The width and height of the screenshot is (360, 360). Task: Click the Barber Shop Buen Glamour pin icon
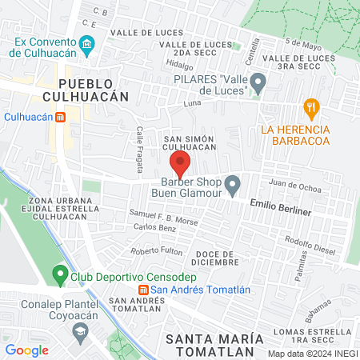pos(233,186)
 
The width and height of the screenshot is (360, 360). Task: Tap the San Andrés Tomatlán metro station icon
pos(143,290)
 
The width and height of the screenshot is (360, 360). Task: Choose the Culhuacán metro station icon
pos(60,117)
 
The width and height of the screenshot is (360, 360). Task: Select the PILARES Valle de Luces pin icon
pos(258,82)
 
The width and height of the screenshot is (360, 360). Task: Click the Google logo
pos(26,350)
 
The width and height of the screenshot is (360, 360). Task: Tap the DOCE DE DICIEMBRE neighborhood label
pos(216,257)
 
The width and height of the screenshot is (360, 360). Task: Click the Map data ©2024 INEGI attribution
pos(312,354)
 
